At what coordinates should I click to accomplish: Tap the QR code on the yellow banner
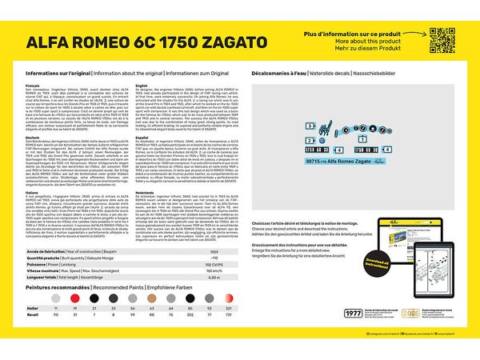(x=442, y=39)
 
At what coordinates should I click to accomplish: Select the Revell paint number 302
(x=189, y=315)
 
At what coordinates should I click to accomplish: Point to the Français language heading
(x=32, y=85)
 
